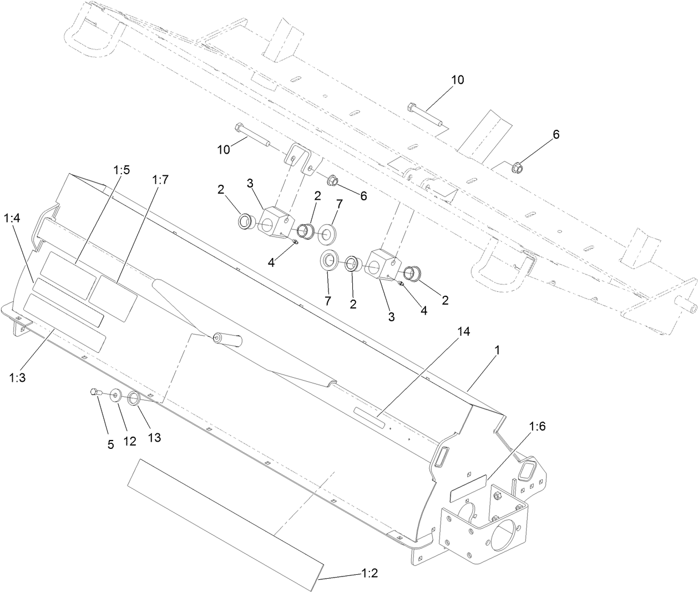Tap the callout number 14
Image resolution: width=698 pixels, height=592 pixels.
pos(463,332)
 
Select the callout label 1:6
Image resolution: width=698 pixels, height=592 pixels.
pos(538,427)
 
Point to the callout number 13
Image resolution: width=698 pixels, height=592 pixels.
pos(154,437)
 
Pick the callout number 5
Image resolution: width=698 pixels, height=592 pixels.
pos(110,444)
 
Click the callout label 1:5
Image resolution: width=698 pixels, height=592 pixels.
pos(122,170)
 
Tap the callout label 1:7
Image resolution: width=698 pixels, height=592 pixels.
pos(159,179)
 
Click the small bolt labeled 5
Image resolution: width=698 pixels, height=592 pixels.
pos(94,392)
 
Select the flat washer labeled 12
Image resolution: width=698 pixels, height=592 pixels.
pos(116,396)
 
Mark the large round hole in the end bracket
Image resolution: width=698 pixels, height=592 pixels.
pos(504,537)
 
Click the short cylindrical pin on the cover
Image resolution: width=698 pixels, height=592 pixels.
pos(228,338)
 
